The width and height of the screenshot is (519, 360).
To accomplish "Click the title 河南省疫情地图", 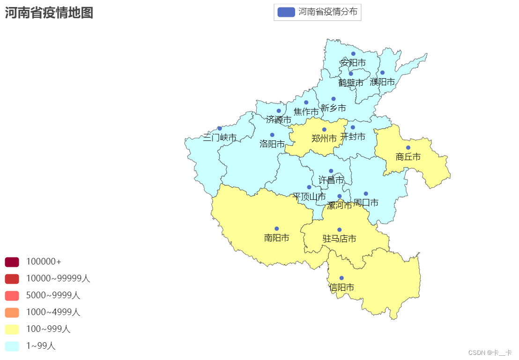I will (49, 13).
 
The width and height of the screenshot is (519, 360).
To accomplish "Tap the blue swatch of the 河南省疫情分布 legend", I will (286, 12).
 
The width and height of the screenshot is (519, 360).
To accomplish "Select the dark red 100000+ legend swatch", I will (12, 262).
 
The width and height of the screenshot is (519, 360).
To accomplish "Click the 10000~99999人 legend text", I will (58, 279).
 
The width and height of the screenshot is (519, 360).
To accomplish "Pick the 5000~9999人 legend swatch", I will (12, 295).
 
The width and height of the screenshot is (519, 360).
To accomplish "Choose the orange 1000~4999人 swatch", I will (12, 312).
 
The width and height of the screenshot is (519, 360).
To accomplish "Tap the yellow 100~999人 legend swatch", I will (12, 329).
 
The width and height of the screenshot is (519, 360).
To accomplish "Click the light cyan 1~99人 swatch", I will (12, 346).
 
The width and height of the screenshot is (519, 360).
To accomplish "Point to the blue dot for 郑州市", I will (324, 130).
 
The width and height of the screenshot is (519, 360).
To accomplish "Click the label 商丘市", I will (408, 157).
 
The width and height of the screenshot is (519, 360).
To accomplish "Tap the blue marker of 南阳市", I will (276, 229).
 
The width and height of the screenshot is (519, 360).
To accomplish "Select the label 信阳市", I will (341, 287).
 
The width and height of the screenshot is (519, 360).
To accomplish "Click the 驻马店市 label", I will (339, 239).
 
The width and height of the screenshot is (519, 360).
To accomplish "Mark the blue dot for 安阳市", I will (353, 54).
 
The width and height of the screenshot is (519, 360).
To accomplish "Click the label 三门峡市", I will (220, 138).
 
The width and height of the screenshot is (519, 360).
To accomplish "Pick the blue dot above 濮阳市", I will (382, 73).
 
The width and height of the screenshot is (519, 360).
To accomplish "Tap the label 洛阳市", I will (272, 144).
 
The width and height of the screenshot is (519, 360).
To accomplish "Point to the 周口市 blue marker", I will (366, 194).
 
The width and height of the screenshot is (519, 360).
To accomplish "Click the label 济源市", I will (279, 120).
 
